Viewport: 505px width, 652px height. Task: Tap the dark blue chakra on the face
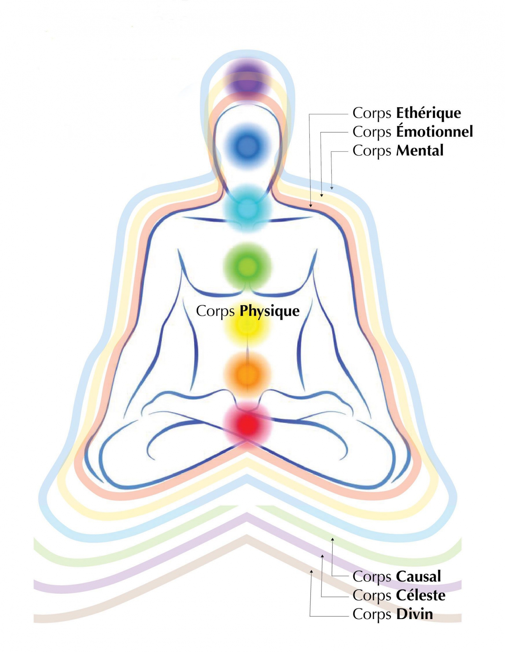[x=248, y=146]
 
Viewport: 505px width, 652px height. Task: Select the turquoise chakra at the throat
[x=248, y=208]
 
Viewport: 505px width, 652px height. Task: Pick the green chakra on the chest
[x=248, y=267]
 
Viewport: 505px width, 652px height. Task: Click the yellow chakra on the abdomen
[x=248, y=326]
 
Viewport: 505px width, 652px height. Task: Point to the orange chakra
[x=248, y=374]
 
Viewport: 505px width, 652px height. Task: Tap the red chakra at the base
[x=248, y=424]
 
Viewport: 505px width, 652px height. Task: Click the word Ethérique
[x=428, y=113]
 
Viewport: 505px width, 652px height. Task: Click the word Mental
[x=420, y=150]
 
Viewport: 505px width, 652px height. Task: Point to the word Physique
[x=270, y=311]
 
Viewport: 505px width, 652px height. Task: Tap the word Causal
[x=418, y=576]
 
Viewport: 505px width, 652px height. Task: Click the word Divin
[x=415, y=614]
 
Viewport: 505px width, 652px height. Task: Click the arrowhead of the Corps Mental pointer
[x=332, y=188]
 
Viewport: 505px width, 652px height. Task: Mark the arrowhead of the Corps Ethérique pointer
[x=310, y=205]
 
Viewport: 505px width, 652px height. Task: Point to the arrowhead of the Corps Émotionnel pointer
[x=321, y=195]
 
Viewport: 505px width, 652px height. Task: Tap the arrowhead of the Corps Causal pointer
[x=332, y=539]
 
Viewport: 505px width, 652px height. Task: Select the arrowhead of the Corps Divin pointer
[x=311, y=572]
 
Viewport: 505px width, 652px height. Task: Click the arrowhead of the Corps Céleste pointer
[x=322, y=556]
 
